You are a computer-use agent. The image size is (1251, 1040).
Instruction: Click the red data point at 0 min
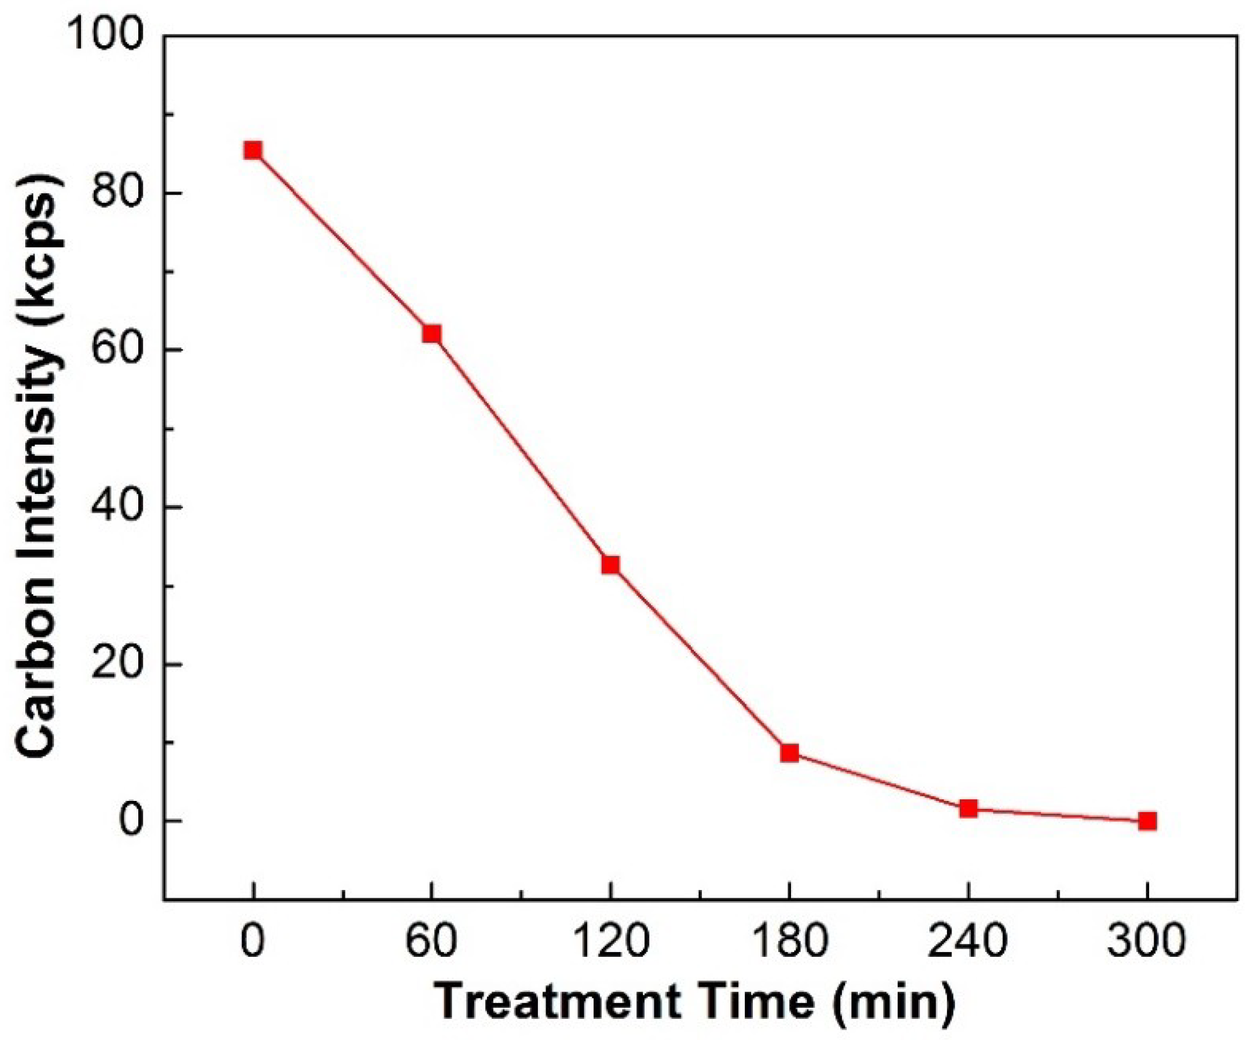pos(253,150)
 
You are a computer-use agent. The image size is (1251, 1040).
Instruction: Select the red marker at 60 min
pos(431,333)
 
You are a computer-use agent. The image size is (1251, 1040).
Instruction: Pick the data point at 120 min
pos(611,564)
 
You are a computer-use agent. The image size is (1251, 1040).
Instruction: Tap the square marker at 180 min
pos(789,753)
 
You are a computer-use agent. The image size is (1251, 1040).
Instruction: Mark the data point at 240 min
pos(968,809)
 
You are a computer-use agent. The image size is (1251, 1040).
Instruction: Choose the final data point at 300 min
pos(1147,821)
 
